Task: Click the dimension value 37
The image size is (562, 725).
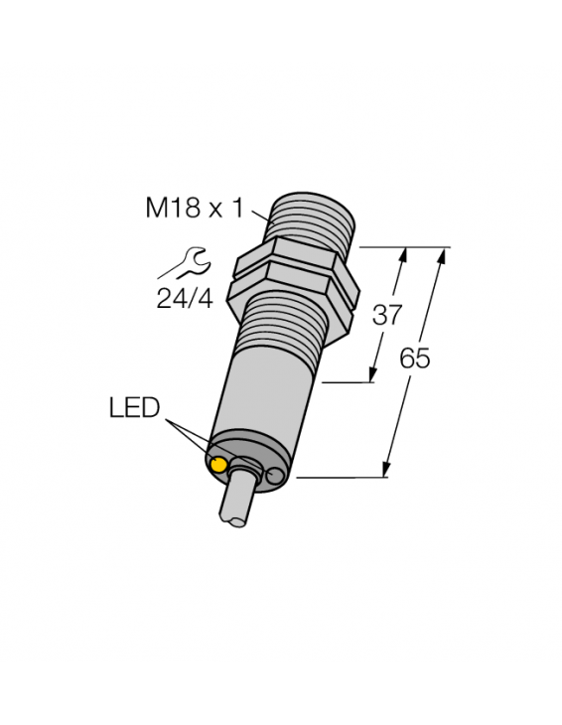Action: point(385,316)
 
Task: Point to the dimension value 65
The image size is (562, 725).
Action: point(414,360)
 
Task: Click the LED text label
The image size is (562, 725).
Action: point(134,408)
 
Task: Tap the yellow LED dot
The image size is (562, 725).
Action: point(218,464)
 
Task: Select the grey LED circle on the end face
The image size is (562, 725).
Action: point(274,480)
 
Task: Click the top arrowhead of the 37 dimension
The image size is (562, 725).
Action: point(403,254)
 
